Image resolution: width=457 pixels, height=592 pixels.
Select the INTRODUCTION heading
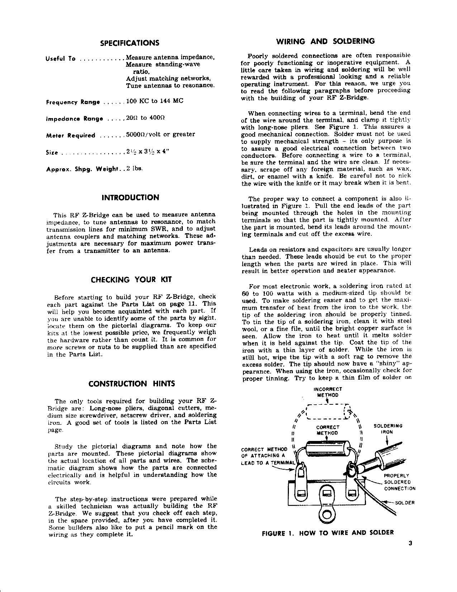pyautogui.click(x=130, y=198)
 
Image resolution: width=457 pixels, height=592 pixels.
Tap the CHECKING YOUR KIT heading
pyautogui.click(x=132, y=280)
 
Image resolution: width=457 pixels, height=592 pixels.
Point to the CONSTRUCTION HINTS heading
pyautogui.click(x=132, y=384)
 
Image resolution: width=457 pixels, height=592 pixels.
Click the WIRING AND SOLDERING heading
pyautogui.click(x=326, y=41)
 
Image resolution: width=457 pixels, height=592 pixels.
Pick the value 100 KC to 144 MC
pyautogui.click(x=155, y=101)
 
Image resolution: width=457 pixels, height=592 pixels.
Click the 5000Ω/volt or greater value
pyautogui.click(x=161, y=134)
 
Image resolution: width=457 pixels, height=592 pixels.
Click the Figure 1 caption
pyautogui.click(x=328, y=532)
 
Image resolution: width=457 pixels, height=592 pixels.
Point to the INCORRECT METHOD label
pyautogui.click(x=328, y=392)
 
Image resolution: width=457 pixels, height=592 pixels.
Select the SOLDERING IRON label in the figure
pyautogui.click(x=388, y=429)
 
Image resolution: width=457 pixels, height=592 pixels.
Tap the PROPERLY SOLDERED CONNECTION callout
pyautogui.click(x=399, y=482)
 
